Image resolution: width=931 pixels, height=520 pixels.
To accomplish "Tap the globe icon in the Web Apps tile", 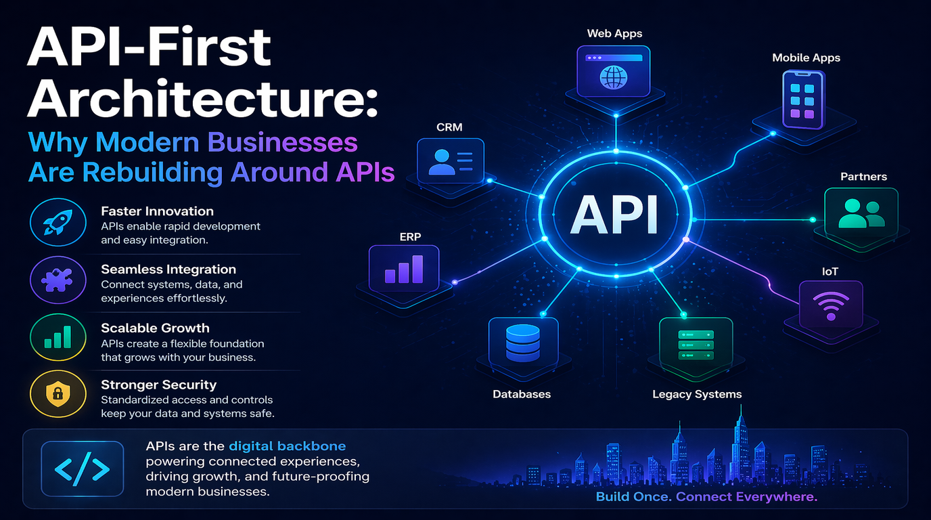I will click(614, 76).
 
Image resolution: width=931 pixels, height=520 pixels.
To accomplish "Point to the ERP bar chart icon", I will click(404, 269).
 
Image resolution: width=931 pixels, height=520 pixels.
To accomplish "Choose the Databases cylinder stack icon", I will click(522, 342).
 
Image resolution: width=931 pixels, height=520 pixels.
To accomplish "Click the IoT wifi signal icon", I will click(830, 305).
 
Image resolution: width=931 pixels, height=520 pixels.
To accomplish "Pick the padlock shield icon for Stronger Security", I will click(58, 393).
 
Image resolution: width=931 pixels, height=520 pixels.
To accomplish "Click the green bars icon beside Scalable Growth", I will click(58, 336).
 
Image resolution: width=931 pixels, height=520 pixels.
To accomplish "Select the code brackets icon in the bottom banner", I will click(82, 469).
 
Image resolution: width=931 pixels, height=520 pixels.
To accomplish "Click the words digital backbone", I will click(287, 446).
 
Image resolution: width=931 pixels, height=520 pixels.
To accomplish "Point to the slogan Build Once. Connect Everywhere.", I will click(706, 497).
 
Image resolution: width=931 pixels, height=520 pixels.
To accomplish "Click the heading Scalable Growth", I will click(155, 328).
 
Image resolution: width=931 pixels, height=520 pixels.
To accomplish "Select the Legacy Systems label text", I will click(697, 394).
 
